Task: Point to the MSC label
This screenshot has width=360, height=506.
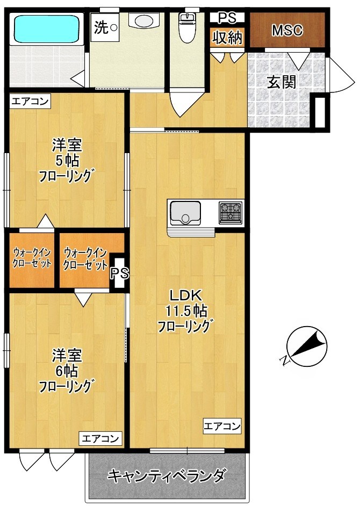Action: tap(287, 31)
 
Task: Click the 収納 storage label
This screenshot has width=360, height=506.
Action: tap(228, 38)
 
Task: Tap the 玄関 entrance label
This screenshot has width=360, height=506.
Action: tap(282, 82)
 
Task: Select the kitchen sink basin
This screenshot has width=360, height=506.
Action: tap(185, 213)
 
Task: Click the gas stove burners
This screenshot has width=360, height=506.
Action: tap(231, 212)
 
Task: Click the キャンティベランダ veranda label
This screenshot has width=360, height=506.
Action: tap(166, 475)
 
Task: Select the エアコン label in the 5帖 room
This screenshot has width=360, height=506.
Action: tap(30, 100)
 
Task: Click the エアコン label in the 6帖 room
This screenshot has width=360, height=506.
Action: tap(101, 438)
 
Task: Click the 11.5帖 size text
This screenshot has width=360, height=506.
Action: tap(186, 310)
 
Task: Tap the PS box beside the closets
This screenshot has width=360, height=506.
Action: tap(119, 273)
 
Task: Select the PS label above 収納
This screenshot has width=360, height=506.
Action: tap(227, 18)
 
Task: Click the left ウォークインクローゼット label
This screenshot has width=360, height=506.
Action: tap(32, 258)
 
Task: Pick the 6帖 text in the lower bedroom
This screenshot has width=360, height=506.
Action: tap(67, 370)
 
